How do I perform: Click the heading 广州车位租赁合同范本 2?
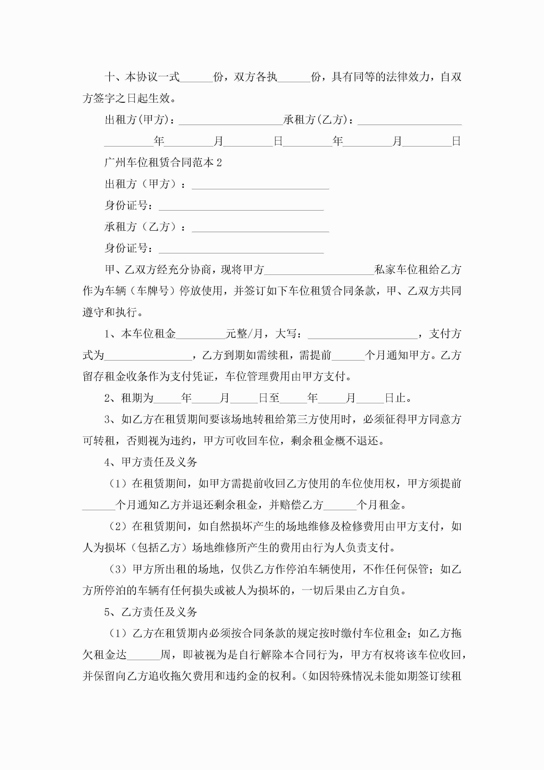point(163,163)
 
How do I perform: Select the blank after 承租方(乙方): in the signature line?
point(409,121)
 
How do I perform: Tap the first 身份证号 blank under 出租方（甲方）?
point(241,206)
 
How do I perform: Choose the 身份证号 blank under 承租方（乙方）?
point(241,248)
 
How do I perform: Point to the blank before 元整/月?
point(200,334)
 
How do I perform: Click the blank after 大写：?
point(362,334)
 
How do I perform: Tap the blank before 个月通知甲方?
point(348,356)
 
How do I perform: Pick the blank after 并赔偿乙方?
point(340,505)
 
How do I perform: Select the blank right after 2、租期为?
point(167,398)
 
